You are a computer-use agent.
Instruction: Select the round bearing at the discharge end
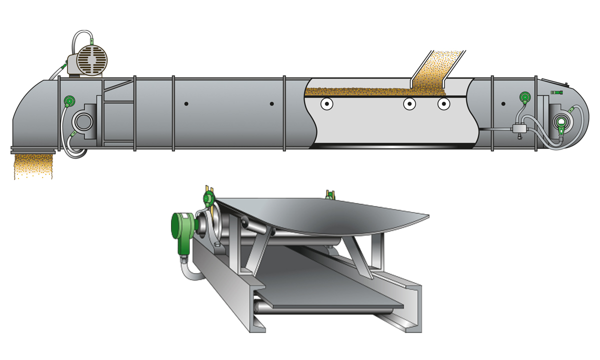tap(82, 120)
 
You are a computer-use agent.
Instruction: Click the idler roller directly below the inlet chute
tap(409, 104)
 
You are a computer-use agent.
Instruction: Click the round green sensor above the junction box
tap(524, 96)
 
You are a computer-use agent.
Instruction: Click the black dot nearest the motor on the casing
tap(186, 104)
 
